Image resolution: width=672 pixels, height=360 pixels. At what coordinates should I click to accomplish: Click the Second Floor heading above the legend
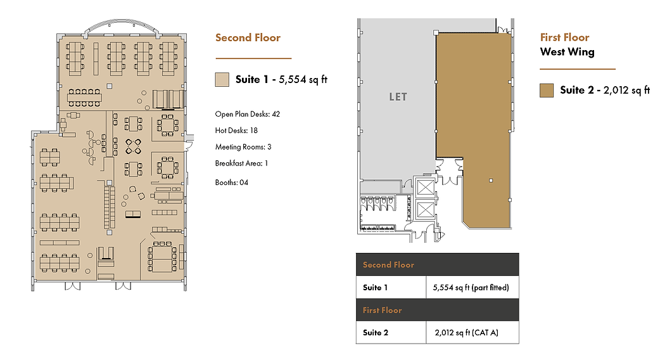click(248, 38)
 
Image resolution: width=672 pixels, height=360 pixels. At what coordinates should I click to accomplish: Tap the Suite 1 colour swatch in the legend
click(222, 80)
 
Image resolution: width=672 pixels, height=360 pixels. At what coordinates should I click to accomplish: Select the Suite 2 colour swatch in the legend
click(547, 91)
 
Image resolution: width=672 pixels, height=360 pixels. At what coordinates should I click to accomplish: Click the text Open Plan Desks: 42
click(247, 114)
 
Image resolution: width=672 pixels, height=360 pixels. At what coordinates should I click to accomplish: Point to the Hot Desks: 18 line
click(236, 131)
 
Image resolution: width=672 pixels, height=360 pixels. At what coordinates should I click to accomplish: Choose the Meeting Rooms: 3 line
click(243, 147)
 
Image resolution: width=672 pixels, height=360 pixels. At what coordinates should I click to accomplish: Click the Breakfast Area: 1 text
click(241, 163)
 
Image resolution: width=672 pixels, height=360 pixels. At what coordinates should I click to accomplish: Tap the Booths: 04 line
click(231, 183)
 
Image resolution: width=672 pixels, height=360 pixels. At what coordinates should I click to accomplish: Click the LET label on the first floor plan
click(398, 97)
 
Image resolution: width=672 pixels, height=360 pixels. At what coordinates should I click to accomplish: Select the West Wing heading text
click(567, 52)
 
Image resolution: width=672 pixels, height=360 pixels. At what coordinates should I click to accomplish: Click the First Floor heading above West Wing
click(564, 37)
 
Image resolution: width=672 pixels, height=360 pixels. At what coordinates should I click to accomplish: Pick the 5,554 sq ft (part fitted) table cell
click(472, 287)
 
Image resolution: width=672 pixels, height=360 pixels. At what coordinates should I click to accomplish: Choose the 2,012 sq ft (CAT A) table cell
click(472, 332)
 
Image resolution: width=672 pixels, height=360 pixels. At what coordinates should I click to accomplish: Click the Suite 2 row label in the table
click(376, 333)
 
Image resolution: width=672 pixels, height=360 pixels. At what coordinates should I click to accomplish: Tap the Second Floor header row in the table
click(437, 264)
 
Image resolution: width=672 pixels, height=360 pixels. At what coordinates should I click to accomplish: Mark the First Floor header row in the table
click(437, 310)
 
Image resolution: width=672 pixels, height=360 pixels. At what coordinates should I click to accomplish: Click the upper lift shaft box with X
click(425, 188)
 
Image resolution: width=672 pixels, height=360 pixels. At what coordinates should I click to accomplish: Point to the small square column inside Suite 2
click(491, 181)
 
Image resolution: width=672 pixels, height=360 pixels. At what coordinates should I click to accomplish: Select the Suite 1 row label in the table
click(375, 288)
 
